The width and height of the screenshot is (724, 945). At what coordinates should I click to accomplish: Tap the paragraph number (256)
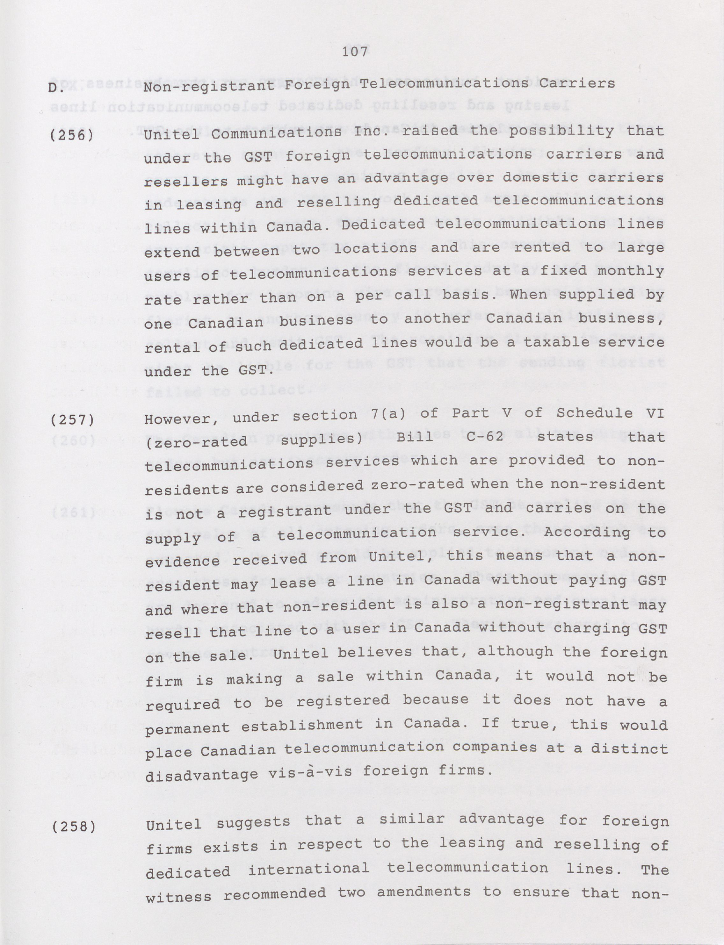pyautogui.click(x=71, y=136)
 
